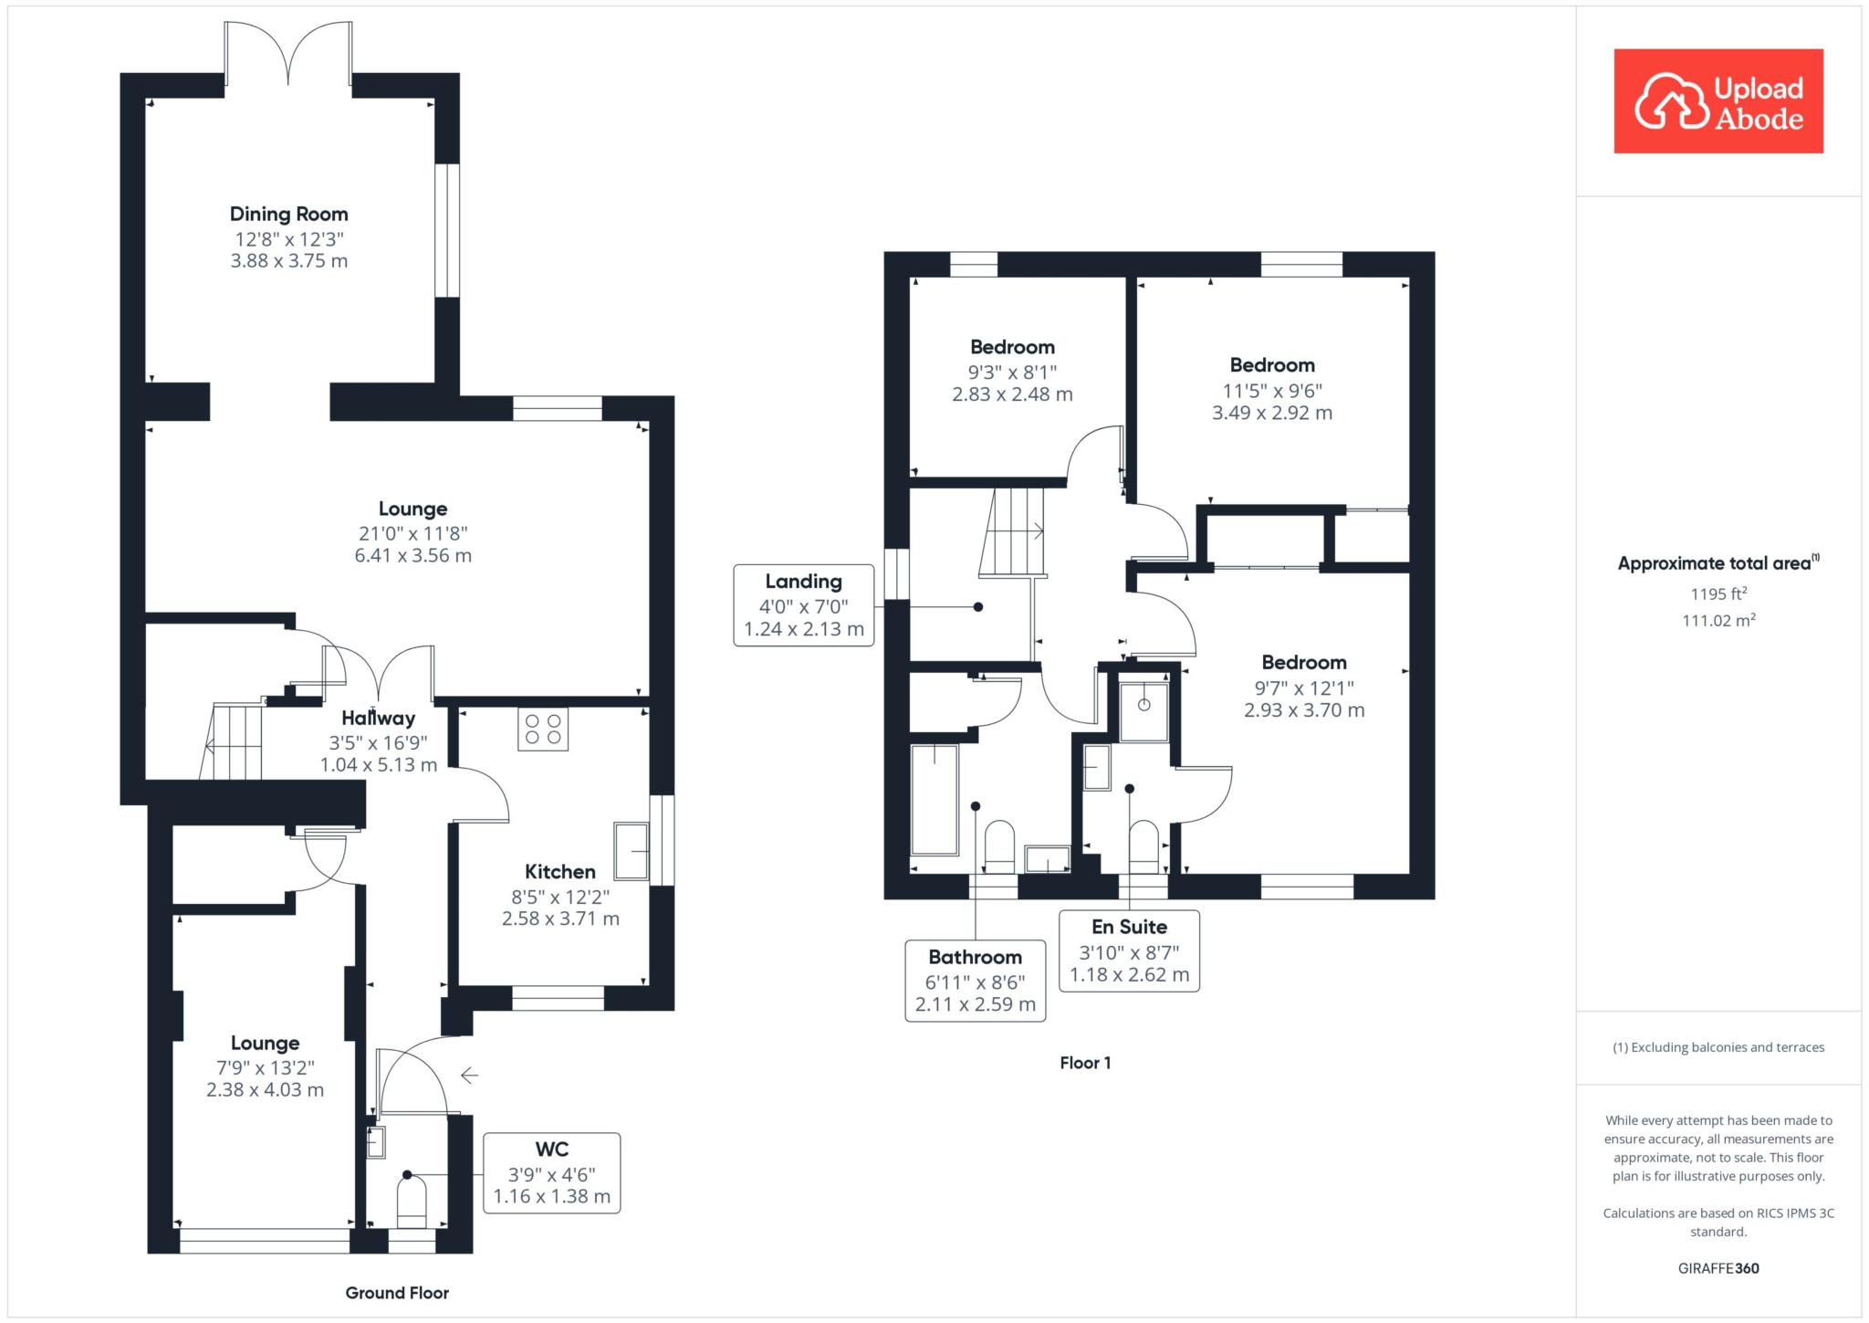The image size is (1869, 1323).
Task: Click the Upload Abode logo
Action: [1718, 101]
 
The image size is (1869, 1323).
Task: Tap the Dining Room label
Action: [289, 215]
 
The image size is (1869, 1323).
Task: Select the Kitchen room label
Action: [560, 872]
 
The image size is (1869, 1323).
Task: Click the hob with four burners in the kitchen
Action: [543, 729]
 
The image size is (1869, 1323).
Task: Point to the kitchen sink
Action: [632, 852]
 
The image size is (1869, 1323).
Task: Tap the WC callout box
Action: [552, 1173]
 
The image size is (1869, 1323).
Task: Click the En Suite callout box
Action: [1130, 950]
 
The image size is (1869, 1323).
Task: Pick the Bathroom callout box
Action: [976, 981]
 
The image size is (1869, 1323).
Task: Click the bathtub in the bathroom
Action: [934, 800]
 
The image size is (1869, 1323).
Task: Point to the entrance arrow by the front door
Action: [469, 1076]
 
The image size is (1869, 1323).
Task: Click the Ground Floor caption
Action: [397, 1293]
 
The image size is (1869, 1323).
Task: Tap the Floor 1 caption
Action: [1085, 1063]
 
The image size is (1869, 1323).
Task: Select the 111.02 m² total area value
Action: [1718, 620]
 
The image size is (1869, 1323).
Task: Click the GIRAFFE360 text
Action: [1718, 1268]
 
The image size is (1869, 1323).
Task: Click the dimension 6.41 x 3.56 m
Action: [413, 556]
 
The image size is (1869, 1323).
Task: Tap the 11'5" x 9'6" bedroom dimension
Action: [1272, 391]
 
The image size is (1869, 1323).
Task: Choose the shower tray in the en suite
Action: [1143, 712]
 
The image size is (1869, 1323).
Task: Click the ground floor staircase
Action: [231, 740]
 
